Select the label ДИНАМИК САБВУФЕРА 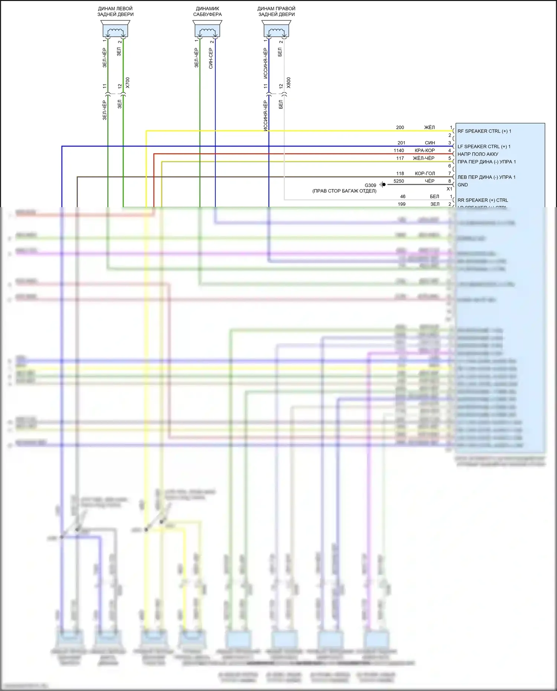207,12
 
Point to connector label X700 128,82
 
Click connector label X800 289,82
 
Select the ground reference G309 370,185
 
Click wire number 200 400,127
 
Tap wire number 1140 399,150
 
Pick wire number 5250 399,181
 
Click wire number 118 400,173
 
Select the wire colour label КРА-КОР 424,150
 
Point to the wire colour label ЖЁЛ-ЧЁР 424,158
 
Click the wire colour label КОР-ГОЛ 425,173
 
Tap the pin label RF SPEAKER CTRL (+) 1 484,131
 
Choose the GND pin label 463,185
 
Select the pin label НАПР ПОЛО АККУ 478,154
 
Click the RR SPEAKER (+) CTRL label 483,200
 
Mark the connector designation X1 449,189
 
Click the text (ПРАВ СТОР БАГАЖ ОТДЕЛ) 344,191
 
